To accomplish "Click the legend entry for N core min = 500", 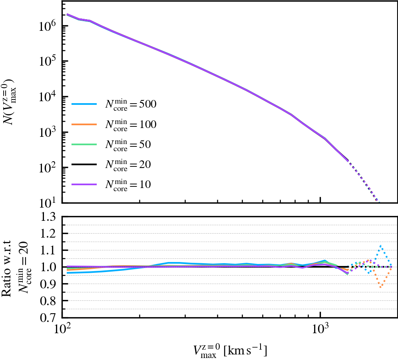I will click(114, 105).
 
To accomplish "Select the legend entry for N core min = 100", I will click(114, 125).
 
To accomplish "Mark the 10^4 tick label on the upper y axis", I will click(48, 96).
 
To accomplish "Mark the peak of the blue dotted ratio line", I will click(381, 245).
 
